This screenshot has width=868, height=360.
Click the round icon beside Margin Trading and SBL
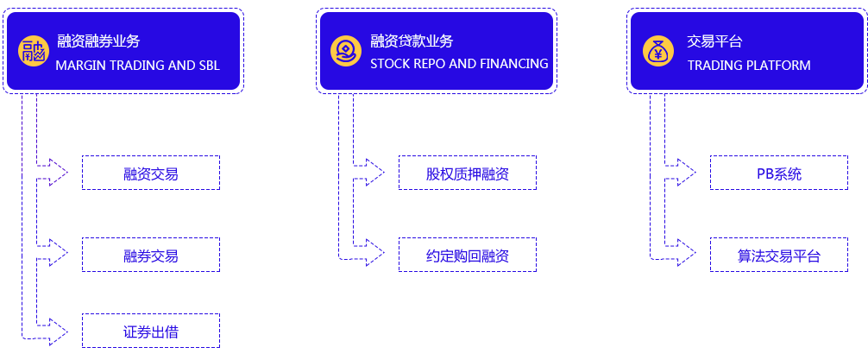(x=33, y=52)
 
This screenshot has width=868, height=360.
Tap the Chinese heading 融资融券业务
(x=98, y=41)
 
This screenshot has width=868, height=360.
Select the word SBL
(x=208, y=65)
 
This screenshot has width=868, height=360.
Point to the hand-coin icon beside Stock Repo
(x=345, y=51)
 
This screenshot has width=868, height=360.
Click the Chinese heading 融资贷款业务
(x=412, y=41)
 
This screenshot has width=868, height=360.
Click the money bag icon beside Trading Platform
(x=658, y=51)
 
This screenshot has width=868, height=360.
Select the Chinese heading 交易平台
(x=714, y=41)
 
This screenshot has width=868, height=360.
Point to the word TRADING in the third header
(x=714, y=66)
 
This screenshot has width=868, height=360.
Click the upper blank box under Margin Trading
(x=151, y=173)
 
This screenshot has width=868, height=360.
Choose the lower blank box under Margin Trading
(x=151, y=254)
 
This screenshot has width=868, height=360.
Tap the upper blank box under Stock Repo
(x=463, y=173)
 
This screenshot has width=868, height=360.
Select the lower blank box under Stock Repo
(x=463, y=254)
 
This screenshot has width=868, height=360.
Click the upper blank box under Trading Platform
(x=779, y=173)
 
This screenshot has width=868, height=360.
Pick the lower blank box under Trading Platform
(x=779, y=254)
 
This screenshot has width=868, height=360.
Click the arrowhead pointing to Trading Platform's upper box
(x=693, y=172)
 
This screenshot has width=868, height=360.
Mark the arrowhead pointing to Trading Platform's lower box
(x=693, y=253)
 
